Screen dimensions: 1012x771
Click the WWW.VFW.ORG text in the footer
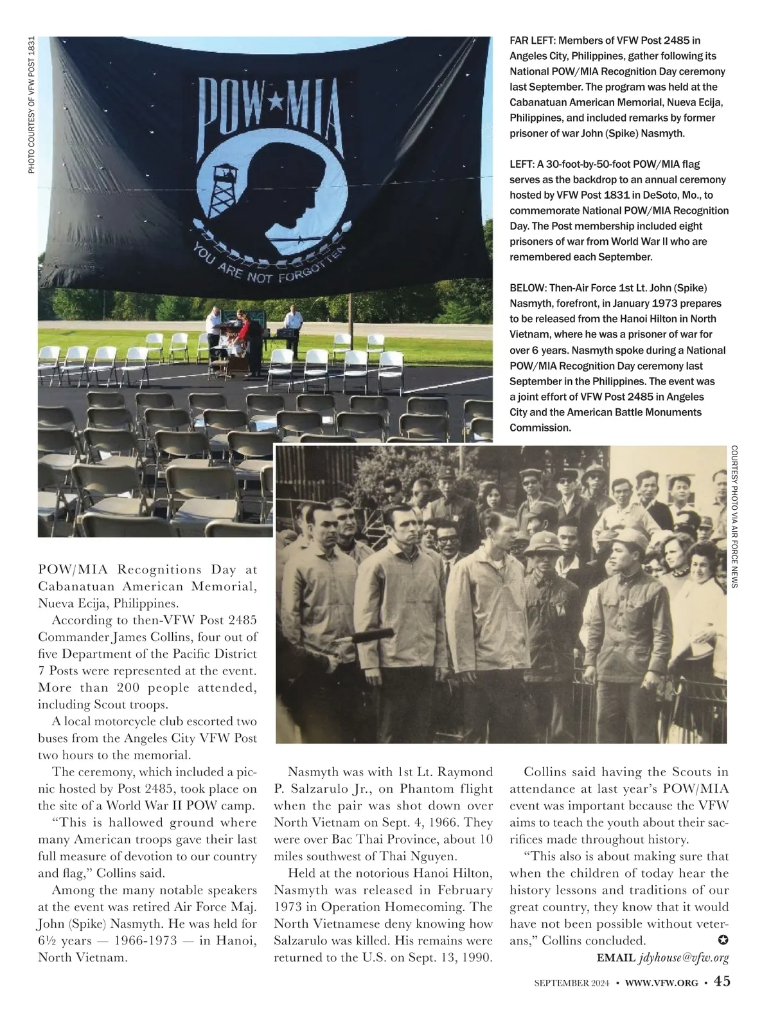[x=661, y=983]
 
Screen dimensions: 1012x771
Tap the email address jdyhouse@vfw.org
[x=684, y=958]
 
